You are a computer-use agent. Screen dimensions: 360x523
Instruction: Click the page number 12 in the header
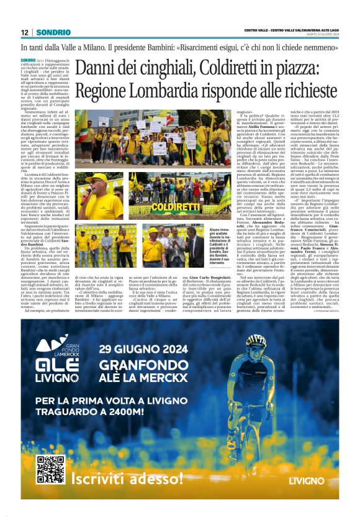coord(24,32)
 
